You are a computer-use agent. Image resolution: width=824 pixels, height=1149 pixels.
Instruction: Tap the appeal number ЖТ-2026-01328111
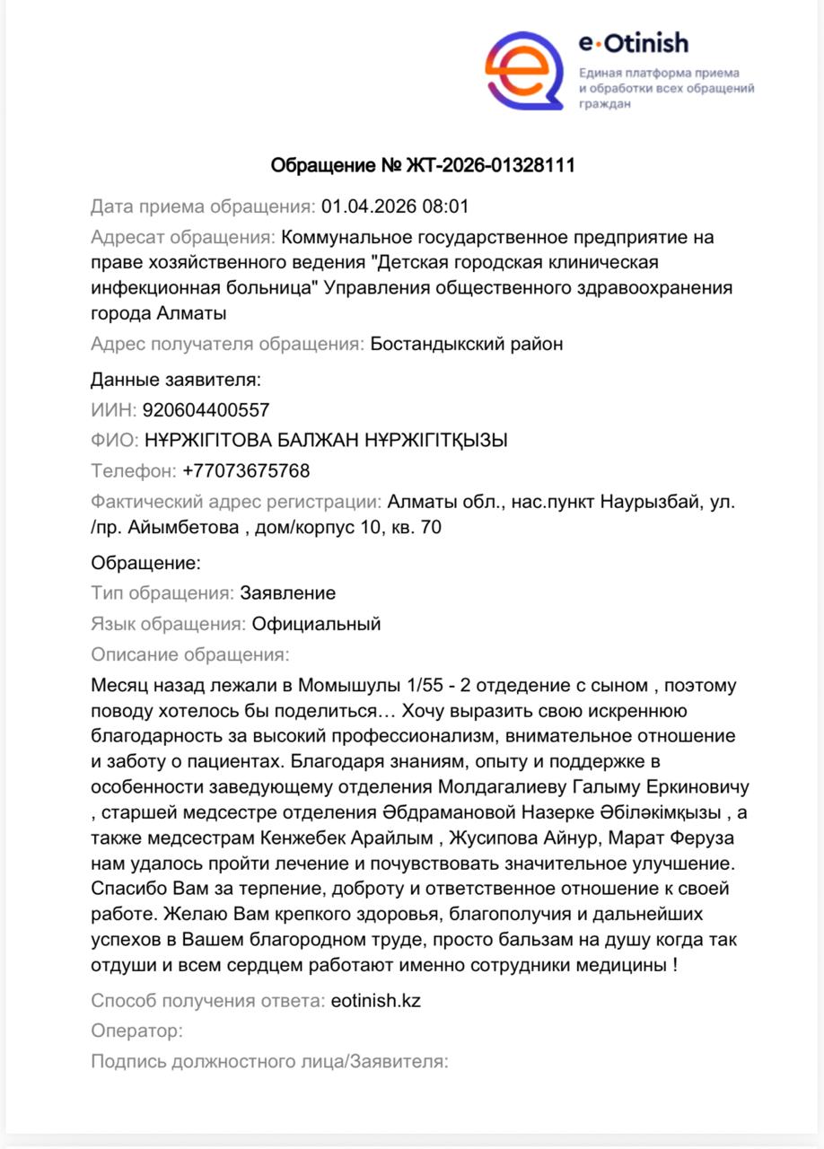coord(491,166)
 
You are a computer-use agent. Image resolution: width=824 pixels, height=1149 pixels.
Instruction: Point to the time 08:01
coord(446,207)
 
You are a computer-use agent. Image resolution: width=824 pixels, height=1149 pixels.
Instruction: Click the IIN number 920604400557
coord(206,410)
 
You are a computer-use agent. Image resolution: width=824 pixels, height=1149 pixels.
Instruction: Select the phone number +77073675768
coord(246,470)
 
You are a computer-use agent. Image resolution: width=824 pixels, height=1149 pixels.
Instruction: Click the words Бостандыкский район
coord(467,344)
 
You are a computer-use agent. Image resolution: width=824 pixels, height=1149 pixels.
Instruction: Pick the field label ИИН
coord(113,410)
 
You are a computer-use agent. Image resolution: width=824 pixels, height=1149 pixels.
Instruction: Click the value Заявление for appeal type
coord(287,593)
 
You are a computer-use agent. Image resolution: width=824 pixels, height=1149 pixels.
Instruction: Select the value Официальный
coord(316,624)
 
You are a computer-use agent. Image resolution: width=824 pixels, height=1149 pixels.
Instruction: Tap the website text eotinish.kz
coord(375,1000)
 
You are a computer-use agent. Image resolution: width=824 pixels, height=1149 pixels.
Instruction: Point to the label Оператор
coord(136,1031)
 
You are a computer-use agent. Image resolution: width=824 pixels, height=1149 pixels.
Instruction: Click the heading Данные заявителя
coord(176,380)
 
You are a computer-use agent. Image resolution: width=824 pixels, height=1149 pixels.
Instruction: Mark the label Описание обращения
coord(189,654)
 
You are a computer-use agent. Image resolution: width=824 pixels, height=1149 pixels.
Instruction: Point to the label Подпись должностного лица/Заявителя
coord(269,1061)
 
